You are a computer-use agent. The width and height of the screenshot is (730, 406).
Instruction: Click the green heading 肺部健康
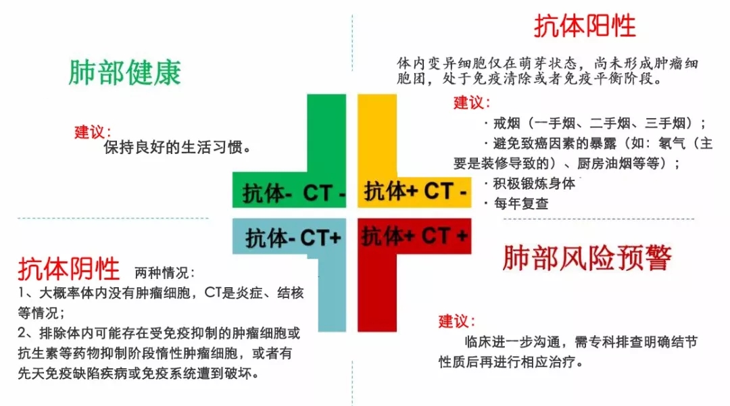pos(125,73)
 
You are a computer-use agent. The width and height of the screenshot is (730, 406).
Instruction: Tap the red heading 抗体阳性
pos(585,26)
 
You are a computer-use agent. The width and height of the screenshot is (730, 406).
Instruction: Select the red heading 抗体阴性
pos(69,269)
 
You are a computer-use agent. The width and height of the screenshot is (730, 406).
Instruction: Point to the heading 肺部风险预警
pos(587,258)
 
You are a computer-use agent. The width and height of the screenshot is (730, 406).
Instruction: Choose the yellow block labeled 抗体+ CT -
pos(416,191)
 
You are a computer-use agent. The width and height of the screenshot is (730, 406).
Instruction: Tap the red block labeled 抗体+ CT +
pos(414,236)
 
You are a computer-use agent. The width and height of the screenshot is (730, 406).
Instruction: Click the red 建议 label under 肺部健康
pos(93,132)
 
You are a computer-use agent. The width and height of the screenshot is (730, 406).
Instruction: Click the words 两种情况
pos(165,273)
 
